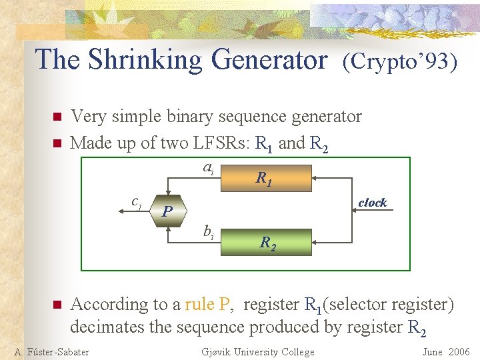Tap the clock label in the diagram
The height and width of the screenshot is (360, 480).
(372, 203)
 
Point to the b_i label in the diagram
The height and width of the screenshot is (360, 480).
(208, 231)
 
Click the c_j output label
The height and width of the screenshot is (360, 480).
(136, 202)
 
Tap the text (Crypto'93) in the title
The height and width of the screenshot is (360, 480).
(399, 61)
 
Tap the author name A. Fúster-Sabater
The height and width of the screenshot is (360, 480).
(51, 352)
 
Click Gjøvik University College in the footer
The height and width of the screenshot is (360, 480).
(257, 352)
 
